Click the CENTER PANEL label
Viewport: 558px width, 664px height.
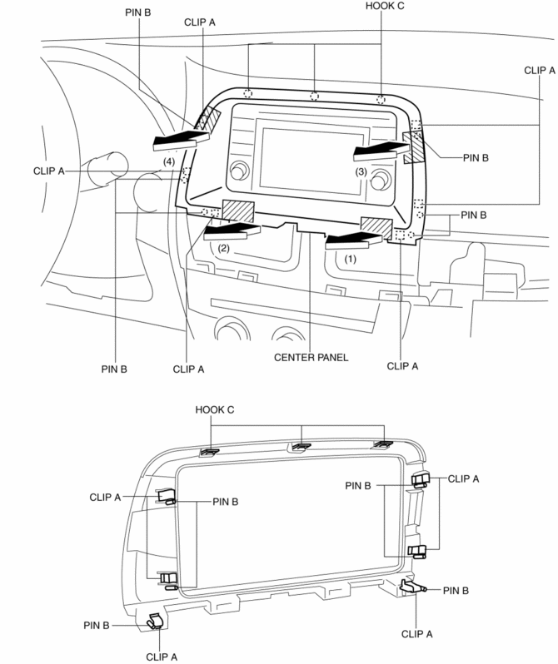tap(309, 359)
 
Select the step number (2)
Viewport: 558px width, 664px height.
tap(222, 247)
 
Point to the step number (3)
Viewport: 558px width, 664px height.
tap(361, 171)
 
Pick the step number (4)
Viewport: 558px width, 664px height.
tap(169, 160)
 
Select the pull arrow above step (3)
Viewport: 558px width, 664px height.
tap(379, 150)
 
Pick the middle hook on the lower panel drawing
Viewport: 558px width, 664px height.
tap(300, 447)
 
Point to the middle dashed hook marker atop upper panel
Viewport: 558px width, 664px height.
tap(315, 96)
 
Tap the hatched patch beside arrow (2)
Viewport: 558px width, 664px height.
tap(237, 211)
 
